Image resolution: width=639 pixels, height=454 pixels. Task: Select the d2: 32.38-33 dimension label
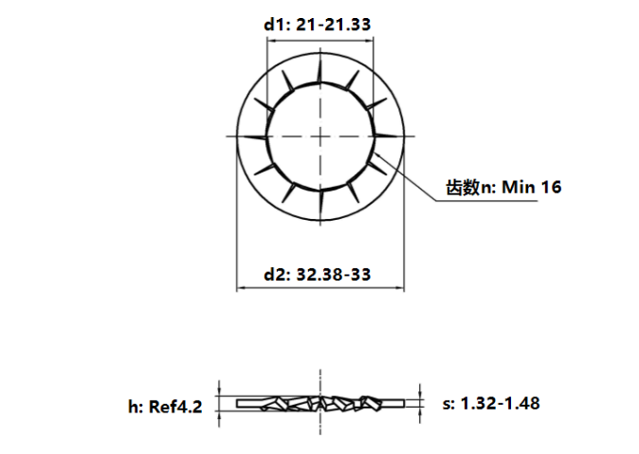[x=317, y=275]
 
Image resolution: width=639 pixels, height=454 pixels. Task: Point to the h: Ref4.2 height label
[x=166, y=407]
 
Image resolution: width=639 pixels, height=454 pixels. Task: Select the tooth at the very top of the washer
[x=321, y=74]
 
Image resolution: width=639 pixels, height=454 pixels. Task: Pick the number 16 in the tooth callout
[x=551, y=187]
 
